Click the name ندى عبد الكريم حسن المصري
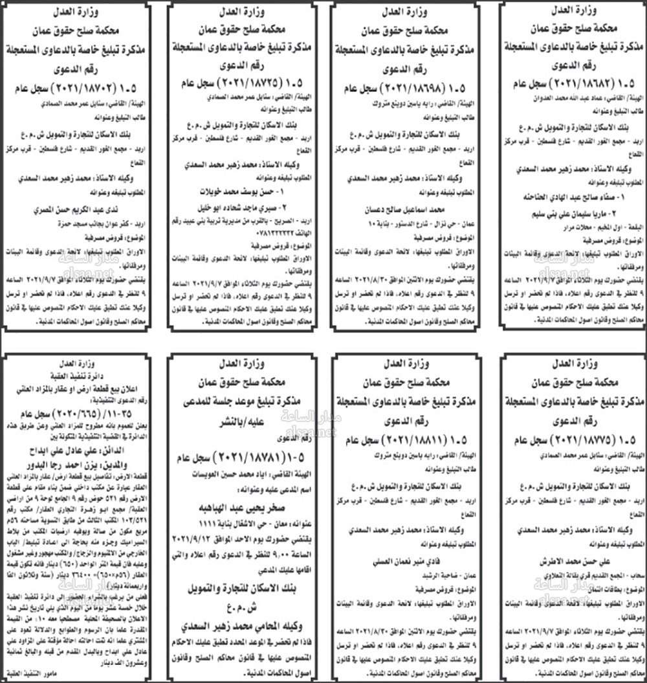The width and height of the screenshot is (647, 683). (82, 210)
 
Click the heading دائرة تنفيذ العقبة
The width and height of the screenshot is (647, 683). (77, 374)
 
